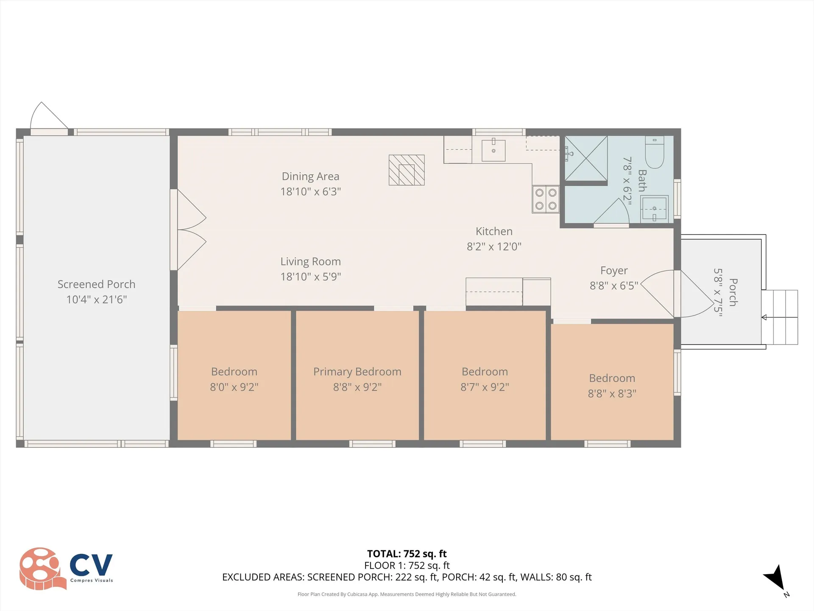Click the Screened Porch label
(x=96, y=284)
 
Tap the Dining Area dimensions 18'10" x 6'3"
(x=310, y=192)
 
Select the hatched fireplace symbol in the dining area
(x=407, y=170)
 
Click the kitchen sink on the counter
(x=493, y=150)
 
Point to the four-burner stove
(x=546, y=199)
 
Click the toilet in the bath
(x=655, y=153)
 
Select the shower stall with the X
(x=586, y=158)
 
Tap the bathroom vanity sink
(x=654, y=208)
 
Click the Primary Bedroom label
(x=357, y=372)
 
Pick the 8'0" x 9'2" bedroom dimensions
(x=234, y=387)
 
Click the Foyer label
(x=613, y=271)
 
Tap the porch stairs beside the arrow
(x=780, y=317)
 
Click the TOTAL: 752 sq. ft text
(x=407, y=554)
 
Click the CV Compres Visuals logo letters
(x=91, y=565)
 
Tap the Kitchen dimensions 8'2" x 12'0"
(x=494, y=247)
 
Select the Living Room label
(x=310, y=262)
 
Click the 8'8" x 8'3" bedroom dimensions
(x=612, y=394)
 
